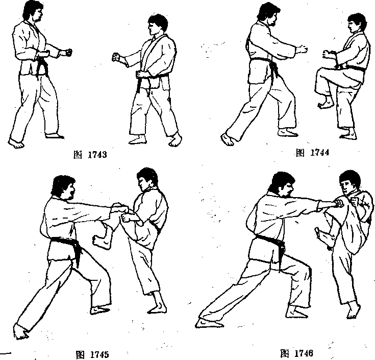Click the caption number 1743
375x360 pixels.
(97, 155)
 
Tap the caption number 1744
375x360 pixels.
(319, 152)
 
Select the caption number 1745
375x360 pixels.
(99, 355)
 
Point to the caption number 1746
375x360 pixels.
(304, 353)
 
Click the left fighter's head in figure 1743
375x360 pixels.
(34, 12)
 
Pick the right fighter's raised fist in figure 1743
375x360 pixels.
(116, 57)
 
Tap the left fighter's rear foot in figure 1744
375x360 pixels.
(229, 139)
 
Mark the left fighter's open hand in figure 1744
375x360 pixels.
(302, 50)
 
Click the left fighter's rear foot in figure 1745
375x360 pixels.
(21, 331)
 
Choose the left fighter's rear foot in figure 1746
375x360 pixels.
(208, 323)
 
